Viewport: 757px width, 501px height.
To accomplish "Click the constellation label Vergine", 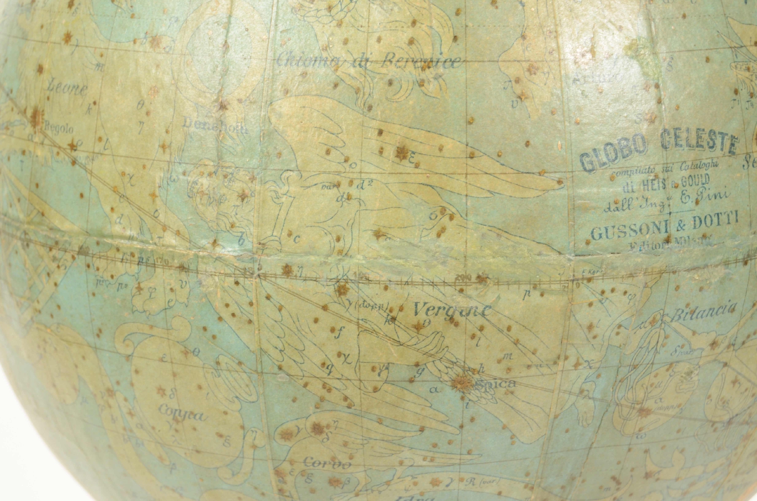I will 452,310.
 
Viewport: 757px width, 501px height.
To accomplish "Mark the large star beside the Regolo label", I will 35,117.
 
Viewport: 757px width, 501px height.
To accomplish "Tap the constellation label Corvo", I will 327,464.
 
